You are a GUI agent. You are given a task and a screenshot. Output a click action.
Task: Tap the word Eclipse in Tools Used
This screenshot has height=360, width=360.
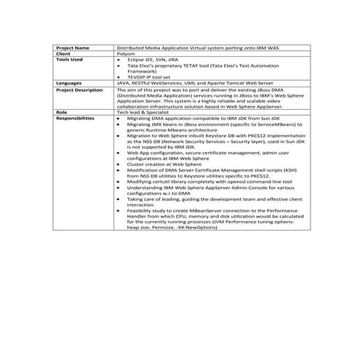135,59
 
